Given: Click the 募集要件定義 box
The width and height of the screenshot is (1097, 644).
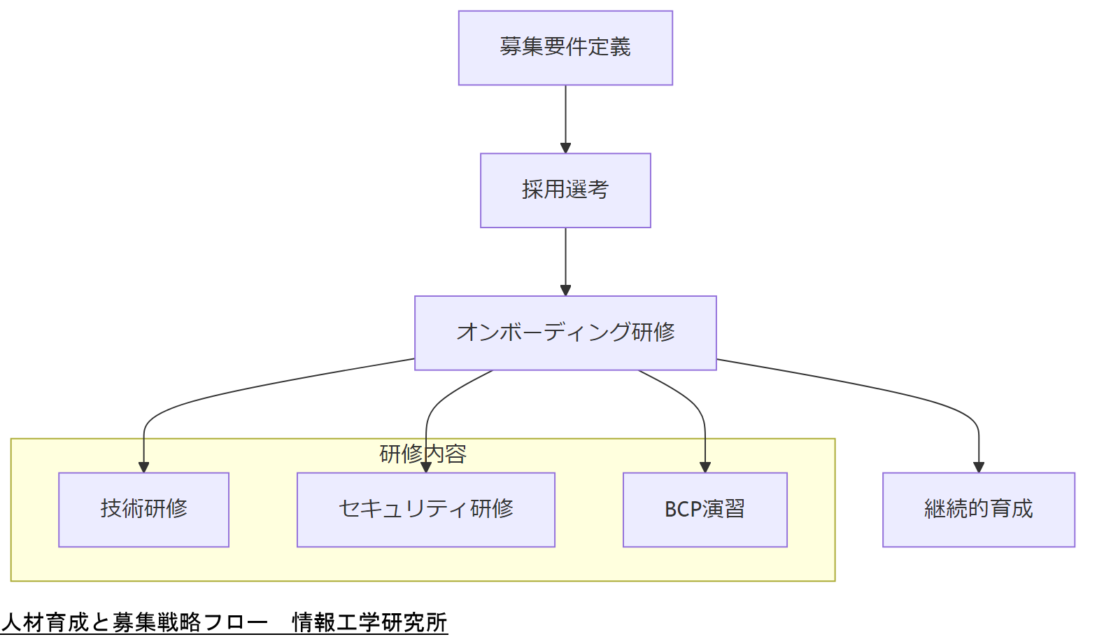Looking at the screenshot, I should click(x=565, y=48).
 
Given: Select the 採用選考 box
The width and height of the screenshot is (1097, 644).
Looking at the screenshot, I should click(x=565, y=190).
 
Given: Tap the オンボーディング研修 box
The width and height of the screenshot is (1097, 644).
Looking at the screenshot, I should click(x=565, y=332).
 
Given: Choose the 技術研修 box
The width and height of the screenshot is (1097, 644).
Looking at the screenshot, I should click(x=143, y=510).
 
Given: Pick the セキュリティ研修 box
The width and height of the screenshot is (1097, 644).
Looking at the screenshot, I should click(x=425, y=510).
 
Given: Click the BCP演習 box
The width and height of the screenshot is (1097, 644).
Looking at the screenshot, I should click(x=705, y=510).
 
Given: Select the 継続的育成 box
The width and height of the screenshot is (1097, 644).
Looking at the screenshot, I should click(x=978, y=510).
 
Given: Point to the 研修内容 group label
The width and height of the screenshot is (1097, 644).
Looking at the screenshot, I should click(x=423, y=454).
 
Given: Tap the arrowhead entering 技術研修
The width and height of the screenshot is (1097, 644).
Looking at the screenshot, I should click(x=143, y=468).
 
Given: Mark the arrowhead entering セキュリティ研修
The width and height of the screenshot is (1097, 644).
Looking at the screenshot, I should click(x=425, y=468).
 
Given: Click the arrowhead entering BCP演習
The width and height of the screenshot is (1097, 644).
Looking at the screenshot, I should click(x=705, y=468).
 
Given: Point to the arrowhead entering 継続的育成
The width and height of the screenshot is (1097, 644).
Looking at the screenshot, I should click(x=978, y=468).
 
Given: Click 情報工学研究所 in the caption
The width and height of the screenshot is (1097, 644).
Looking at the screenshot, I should click(x=369, y=622).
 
